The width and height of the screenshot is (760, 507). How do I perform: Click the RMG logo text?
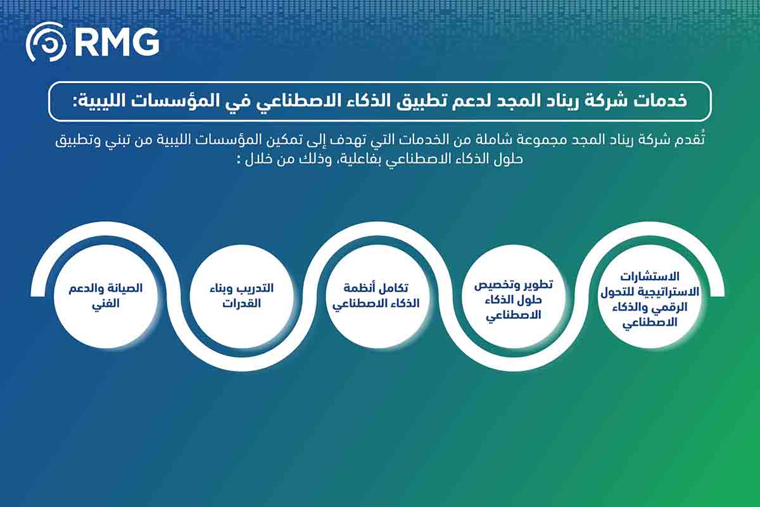[x=117, y=42]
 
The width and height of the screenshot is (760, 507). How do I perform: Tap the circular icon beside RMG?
[x=46, y=42]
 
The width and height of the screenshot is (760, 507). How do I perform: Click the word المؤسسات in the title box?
[x=181, y=101]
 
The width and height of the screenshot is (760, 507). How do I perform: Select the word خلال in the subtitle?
[x=258, y=159]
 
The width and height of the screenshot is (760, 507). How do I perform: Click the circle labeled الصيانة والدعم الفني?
[x=106, y=296]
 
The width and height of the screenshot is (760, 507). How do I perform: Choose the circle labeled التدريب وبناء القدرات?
[x=241, y=296]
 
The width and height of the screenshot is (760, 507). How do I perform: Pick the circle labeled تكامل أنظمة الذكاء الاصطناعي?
[x=377, y=296]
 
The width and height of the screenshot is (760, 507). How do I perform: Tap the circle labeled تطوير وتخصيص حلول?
[x=514, y=296]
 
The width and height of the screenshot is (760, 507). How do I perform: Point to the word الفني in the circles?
[x=106, y=304]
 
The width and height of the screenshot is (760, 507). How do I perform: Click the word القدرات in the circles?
[x=241, y=303]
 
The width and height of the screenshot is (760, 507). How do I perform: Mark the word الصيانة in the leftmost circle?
[x=125, y=288]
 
